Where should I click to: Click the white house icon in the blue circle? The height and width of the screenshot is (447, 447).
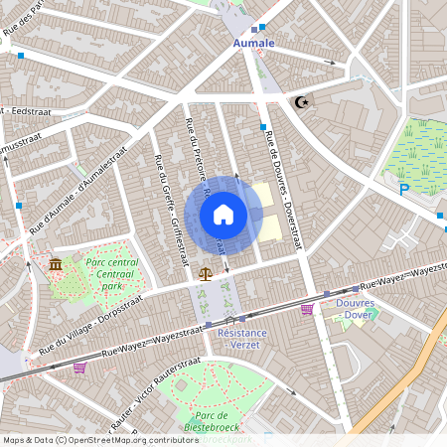click(x=223, y=214)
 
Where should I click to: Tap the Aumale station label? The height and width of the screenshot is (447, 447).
click(x=254, y=44)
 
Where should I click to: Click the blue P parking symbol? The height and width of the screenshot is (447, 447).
click(x=403, y=190)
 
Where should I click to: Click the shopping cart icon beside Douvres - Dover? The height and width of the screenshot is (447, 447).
click(x=307, y=310)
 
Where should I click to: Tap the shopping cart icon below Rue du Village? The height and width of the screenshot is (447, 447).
click(x=79, y=367)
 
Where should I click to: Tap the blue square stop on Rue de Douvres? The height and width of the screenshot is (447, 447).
click(x=262, y=128)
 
